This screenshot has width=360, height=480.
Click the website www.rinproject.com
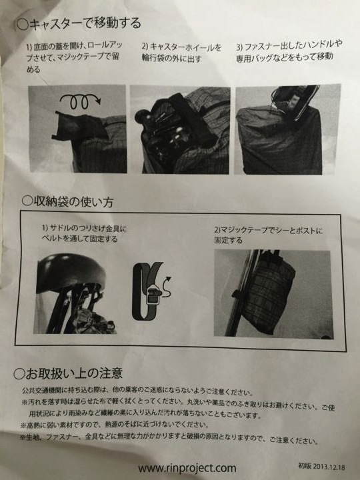click(187, 468)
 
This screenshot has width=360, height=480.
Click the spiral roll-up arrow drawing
click(79, 101)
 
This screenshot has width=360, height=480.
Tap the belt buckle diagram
click(147, 291)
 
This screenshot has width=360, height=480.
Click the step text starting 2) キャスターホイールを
click(181, 53)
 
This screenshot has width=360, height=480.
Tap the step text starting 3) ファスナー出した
click(289, 51)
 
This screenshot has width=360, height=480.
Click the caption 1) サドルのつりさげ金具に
click(84, 233)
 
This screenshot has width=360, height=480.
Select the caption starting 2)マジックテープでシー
click(269, 235)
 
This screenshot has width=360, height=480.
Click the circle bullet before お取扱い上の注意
click(19, 374)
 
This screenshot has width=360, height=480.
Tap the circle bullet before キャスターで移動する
click(23, 24)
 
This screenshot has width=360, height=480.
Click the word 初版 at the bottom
click(305, 465)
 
